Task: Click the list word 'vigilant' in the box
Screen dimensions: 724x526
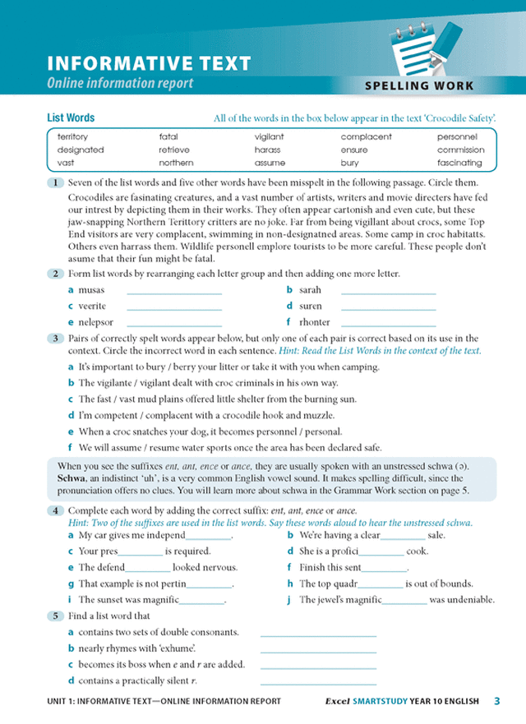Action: click(x=269, y=137)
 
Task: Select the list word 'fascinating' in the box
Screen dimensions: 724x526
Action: click(x=460, y=164)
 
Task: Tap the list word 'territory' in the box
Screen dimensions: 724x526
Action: click(x=72, y=137)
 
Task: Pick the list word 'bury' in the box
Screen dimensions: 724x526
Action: click(x=349, y=164)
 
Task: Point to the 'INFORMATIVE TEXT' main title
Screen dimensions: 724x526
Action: click(x=149, y=64)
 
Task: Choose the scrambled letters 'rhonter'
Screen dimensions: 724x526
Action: click(x=315, y=322)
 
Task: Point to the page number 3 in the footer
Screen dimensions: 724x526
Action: click(x=497, y=701)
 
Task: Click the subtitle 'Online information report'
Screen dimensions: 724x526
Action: click(x=120, y=83)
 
